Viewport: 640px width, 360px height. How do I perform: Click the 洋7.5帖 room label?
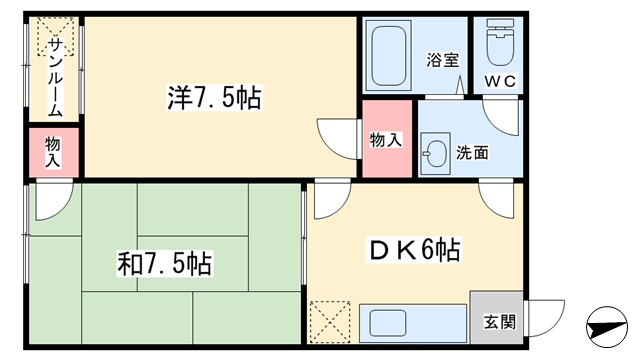tap(214, 97)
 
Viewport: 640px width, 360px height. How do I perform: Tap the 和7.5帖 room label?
tap(164, 264)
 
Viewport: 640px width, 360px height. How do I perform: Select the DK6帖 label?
tap(415, 250)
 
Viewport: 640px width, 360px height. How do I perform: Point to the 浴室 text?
tap(443, 60)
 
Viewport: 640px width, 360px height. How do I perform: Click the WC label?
tap(500, 81)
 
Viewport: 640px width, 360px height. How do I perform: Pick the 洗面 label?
tap(472, 153)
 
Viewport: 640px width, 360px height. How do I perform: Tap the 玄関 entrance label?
tap(500, 322)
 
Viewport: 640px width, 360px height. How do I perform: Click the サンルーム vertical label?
tap(55, 77)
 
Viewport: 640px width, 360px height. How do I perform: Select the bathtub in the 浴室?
tap(389, 56)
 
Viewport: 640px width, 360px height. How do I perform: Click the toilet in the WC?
tap(500, 42)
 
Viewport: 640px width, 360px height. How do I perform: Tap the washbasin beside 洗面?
tap(436, 153)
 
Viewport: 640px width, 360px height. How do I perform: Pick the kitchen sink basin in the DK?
tap(388, 323)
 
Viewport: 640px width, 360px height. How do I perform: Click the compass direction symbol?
tap(607, 327)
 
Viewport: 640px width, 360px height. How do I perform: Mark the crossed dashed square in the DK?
tap(330, 322)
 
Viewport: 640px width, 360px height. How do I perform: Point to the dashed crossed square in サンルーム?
tap(56, 36)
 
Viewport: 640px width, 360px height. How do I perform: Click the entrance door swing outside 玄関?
tap(545, 318)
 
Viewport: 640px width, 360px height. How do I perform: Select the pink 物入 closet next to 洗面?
tap(387, 139)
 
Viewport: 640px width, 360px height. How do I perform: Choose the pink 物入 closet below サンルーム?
tap(53, 152)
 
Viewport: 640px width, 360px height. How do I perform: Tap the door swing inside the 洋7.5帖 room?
tap(338, 139)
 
